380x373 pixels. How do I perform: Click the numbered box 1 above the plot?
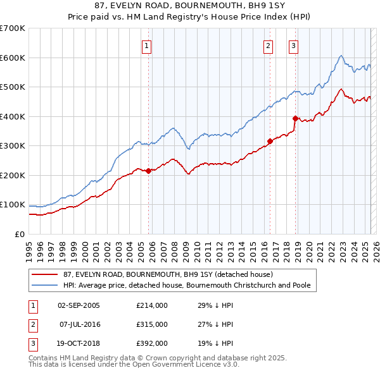(146, 45)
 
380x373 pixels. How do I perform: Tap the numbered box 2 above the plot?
(268, 45)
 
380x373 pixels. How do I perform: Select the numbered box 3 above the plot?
(294, 45)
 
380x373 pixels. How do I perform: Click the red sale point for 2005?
(149, 171)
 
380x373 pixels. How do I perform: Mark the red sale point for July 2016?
(270, 141)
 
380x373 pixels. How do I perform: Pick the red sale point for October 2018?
(295, 118)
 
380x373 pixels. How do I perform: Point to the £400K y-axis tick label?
(13, 116)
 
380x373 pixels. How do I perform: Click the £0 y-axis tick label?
(19, 234)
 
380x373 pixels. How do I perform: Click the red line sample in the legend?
(46, 275)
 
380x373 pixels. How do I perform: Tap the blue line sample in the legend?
(46, 286)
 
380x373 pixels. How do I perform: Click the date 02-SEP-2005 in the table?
(79, 306)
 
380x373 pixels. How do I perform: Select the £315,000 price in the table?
(152, 324)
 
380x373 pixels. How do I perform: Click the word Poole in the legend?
(300, 286)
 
